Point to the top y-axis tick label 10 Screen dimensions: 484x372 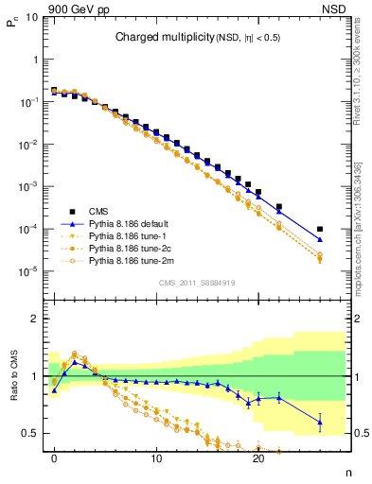30,17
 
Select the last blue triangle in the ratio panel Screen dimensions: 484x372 320,423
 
